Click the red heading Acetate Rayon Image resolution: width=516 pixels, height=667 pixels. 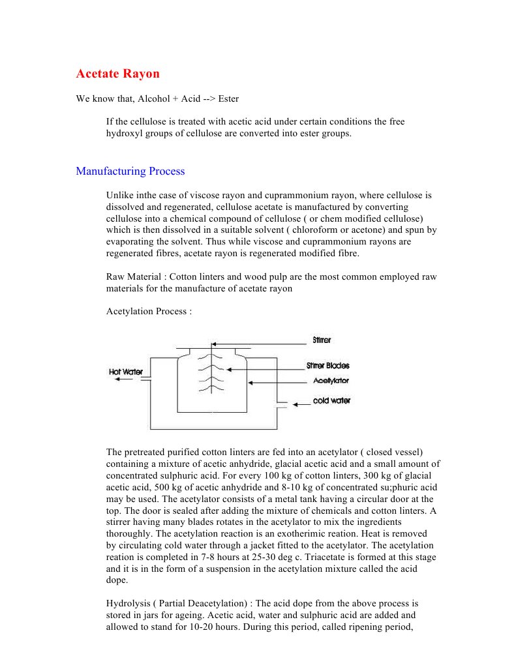(117, 74)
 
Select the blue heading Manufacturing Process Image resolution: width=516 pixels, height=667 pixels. (130, 171)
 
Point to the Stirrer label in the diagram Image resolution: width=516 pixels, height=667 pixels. (322, 340)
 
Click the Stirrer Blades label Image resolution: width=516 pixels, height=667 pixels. (327, 366)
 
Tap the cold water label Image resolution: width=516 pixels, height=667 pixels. (331, 400)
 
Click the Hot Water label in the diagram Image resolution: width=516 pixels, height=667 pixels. (126, 372)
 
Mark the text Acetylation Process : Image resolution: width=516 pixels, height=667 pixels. (149, 312)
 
